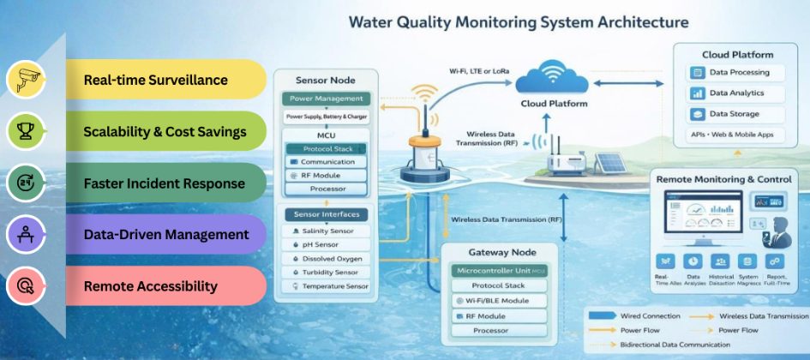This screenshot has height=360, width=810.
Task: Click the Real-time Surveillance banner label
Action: pos(155,80)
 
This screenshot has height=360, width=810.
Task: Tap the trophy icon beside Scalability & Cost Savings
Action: pos(25,131)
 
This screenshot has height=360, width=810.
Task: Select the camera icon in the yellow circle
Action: pos(25,80)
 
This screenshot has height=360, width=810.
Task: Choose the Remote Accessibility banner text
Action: pos(150,286)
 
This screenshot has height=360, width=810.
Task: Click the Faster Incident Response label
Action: pos(164,183)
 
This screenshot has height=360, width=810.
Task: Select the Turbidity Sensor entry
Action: pos(329,273)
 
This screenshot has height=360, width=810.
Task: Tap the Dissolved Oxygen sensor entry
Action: pos(330,259)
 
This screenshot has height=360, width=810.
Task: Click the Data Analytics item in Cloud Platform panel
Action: pos(735,93)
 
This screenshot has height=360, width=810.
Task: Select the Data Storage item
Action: pos(733,114)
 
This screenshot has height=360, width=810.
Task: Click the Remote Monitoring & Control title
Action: pos(723,179)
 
